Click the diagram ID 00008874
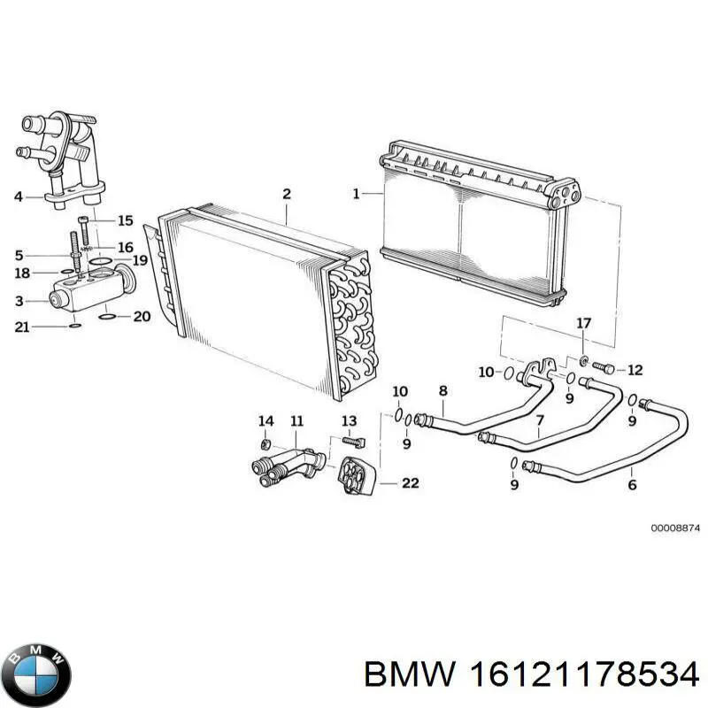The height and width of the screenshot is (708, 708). (x=675, y=527)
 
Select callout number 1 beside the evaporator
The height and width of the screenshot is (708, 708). (x=357, y=194)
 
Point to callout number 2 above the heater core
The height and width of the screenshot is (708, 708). (x=286, y=194)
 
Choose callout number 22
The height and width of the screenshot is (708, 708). (x=410, y=483)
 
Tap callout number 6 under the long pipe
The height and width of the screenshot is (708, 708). (x=632, y=485)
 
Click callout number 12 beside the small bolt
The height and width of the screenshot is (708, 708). (x=635, y=370)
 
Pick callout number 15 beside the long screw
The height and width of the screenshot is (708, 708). (x=125, y=220)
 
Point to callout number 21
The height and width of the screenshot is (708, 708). (x=22, y=327)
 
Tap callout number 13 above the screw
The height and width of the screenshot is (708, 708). (x=349, y=419)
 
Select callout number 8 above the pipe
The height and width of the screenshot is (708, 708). (x=442, y=391)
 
